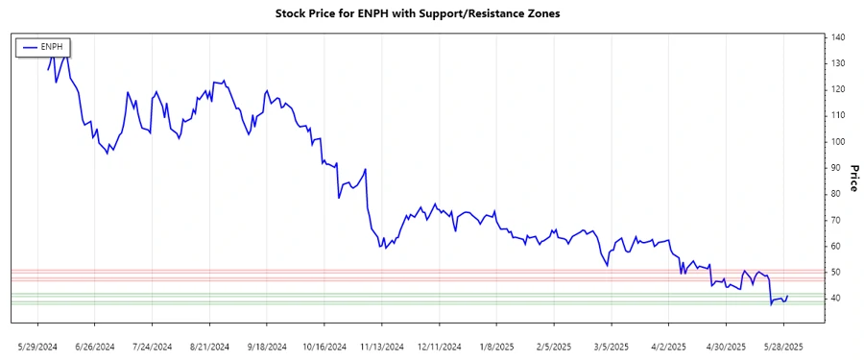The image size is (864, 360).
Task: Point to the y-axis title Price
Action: (852, 177)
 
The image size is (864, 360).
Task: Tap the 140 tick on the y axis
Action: (838, 37)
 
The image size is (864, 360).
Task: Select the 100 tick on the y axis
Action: (838, 142)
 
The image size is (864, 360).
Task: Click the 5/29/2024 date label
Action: (39, 346)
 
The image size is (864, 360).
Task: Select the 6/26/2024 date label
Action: (95, 346)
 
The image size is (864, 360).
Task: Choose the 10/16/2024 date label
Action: (323, 346)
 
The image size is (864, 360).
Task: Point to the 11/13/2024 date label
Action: (381, 346)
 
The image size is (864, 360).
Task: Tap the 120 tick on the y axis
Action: (838, 89)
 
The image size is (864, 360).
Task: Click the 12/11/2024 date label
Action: (439, 346)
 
